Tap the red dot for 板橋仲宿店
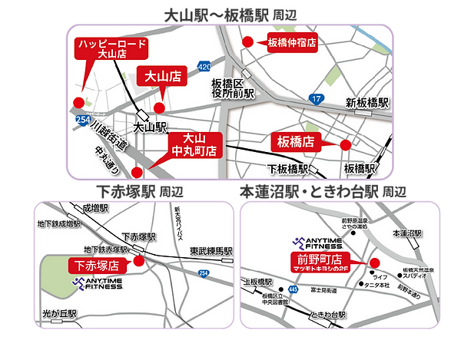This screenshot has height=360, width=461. point(247,42)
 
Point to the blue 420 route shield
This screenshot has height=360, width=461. point(204,68)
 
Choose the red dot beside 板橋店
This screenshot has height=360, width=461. point(345,144)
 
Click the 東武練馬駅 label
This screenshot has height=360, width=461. point(211,251)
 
